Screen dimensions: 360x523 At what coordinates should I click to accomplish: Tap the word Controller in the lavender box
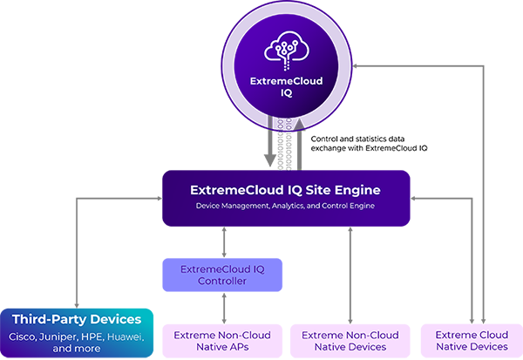point(221,281)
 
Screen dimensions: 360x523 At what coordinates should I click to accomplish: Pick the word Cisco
point(23,336)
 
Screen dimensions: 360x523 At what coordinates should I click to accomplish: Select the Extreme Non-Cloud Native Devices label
point(350,341)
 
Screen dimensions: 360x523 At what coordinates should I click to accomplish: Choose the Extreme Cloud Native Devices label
point(470,341)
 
